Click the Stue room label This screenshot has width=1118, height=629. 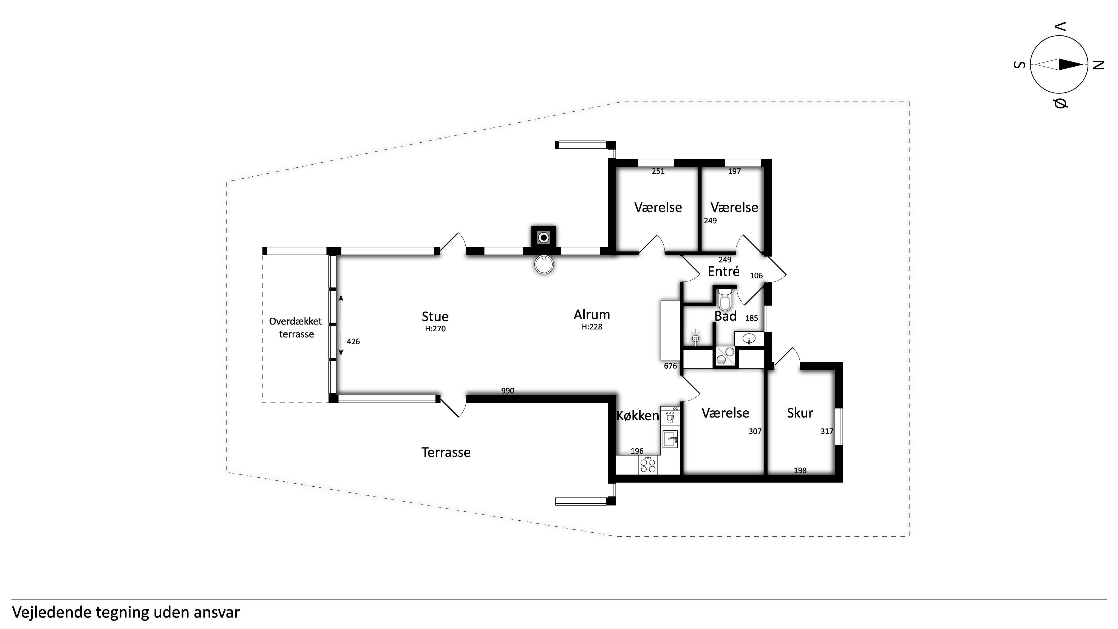435,317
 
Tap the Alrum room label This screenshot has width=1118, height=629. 592,314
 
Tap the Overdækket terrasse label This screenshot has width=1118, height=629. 296,328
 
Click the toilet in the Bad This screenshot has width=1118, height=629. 725,299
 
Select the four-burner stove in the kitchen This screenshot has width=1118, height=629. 648,465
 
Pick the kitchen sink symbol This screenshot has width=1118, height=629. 670,439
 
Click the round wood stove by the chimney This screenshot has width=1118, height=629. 544,264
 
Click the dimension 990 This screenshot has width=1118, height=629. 507,391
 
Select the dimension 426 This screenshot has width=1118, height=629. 353,342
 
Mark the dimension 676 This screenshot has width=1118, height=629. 670,366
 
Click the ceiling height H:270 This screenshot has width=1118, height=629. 435,329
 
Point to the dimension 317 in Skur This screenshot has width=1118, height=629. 827,431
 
